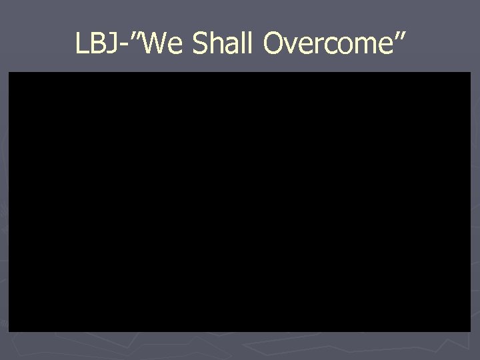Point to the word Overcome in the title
[325, 44]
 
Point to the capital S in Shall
[201, 44]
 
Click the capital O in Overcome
[273, 44]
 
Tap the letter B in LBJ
[95, 44]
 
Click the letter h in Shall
[215, 44]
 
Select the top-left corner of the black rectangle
[9, 73]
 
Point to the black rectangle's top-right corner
[470, 73]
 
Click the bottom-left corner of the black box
[9, 331]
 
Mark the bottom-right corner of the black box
[470, 331]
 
